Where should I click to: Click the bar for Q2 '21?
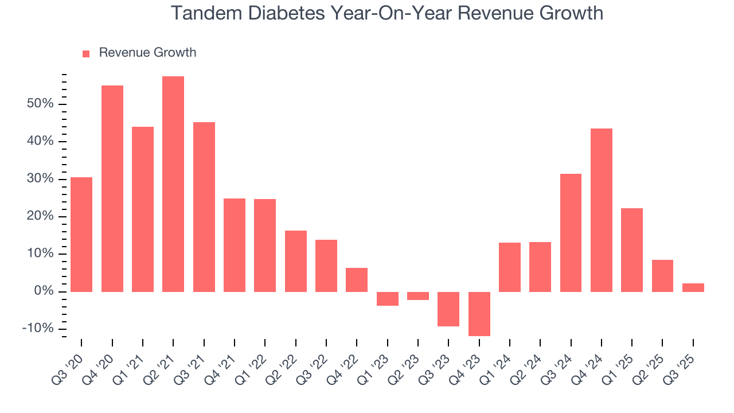coord(173,184)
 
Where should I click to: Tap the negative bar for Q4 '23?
coord(479,314)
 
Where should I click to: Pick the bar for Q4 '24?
coord(602,210)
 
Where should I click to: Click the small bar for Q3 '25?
coord(693,287)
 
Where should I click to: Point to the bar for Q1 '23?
coord(388,299)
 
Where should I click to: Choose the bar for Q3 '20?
coord(81,234)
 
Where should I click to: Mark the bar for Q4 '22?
coord(357,279)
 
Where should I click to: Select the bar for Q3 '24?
coord(571,232)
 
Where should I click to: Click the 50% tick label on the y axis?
coord(39,104)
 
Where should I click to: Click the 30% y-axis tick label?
coord(39,179)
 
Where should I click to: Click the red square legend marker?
coord(86,54)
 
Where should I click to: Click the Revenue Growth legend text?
coord(147,53)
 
